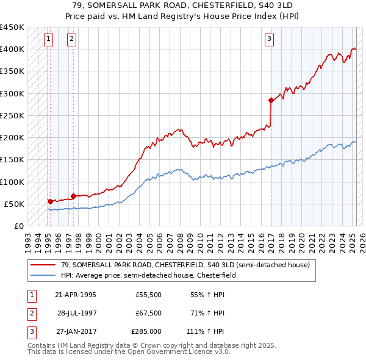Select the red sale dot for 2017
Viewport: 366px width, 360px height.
click(x=270, y=100)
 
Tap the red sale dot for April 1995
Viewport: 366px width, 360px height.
click(x=50, y=201)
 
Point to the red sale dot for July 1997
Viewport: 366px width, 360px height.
click(x=73, y=196)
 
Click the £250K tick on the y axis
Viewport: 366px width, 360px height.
click(x=12, y=115)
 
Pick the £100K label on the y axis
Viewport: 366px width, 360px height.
click(x=12, y=182)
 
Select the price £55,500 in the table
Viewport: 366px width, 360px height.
click(x=148, y=295)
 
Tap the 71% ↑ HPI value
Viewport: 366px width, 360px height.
click(x=206, y=314)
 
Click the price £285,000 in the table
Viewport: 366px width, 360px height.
click(x=146, y=333)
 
